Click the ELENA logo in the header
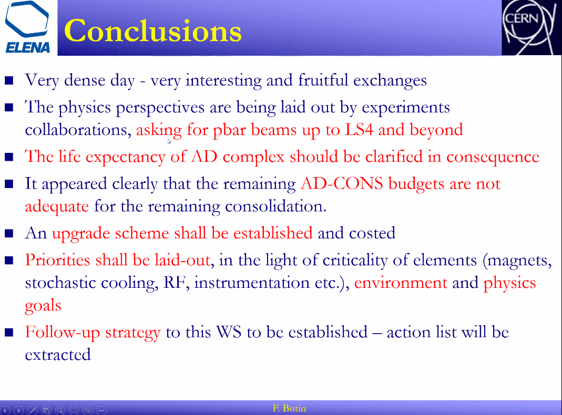pos(28,27)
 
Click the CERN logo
pos(531,27)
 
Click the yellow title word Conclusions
pos(153,31)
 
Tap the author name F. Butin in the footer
pos(289,408)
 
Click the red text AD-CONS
pos(342,184)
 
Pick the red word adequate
pos(57,207)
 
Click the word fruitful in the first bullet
pos(323,80)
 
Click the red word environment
pos(401,283)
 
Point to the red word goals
pos(43,306)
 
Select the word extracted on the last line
pos(58,355)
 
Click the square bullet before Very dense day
pos(9,80)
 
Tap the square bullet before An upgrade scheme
pos(9,233)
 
